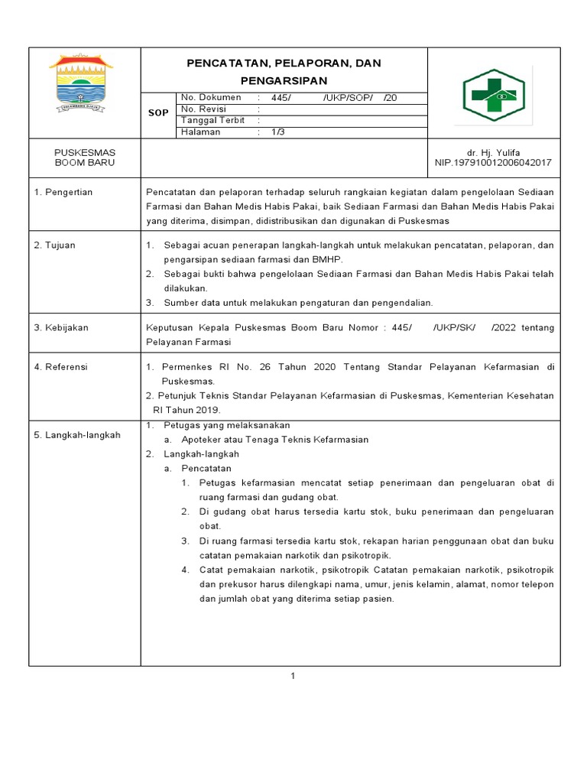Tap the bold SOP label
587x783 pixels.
[158, 113]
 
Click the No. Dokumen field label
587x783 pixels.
[211, 98]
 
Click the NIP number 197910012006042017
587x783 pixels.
[492, 163]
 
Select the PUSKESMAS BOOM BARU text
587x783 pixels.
[85, 158]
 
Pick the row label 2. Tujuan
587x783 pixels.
[54, 245]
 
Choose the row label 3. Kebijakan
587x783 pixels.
[61, 327]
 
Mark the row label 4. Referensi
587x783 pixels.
[61, 367]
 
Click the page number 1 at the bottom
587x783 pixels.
[292, 676]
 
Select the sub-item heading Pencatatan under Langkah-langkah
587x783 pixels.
[206, 468]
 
